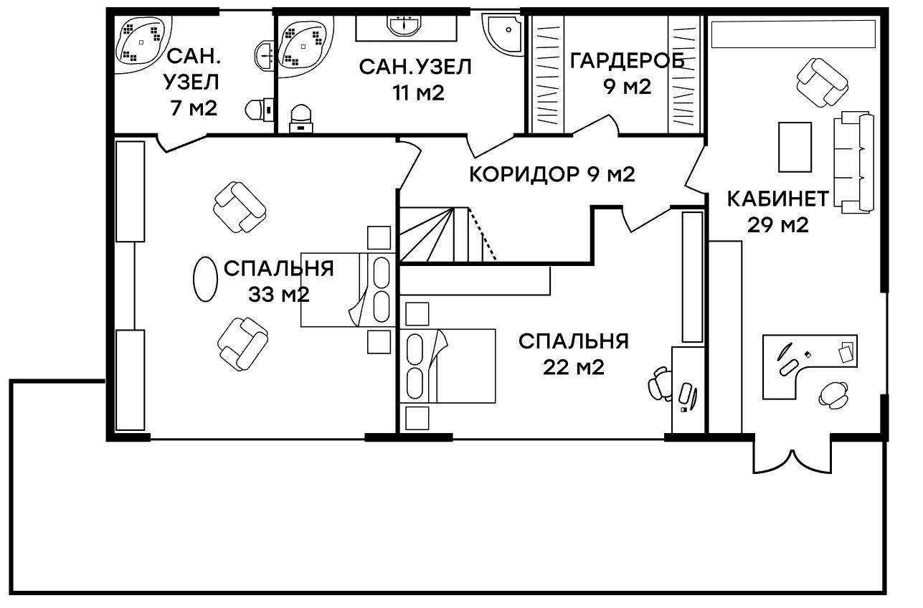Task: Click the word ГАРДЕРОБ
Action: click(x=627, y=61)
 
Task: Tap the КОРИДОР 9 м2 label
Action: click(x=552, y=174)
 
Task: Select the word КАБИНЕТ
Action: click(x=777, y=199)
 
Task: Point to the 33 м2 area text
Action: click(x=278, y=295)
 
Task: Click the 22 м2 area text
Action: click(x=574, y=367)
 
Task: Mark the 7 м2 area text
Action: click(x=194, y=108)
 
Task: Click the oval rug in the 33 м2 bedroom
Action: click(x=205, y=280)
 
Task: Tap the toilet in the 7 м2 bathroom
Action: click(x=260, y=110)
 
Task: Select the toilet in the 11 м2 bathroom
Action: click(x=300, y=118)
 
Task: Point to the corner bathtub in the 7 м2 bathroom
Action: click(x=140, y=44)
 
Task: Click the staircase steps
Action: click(x=448, y=234)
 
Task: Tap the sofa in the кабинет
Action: click(x=853, y=162)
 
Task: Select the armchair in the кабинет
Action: click(x=823, y=82)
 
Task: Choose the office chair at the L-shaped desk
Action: click(x=833, y=396)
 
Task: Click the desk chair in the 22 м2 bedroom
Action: click(x=659, y=384)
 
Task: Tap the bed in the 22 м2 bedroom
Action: click(x=450, y=366)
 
